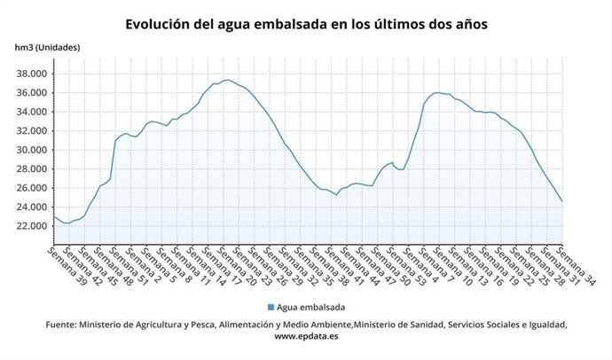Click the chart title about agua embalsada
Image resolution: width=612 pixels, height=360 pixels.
tap(305, 23)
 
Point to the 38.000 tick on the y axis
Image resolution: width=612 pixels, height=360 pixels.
tap(31, 74)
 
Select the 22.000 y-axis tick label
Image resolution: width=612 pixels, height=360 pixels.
tap(31, 226)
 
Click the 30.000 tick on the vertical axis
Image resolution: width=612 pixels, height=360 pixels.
tap(31, 150)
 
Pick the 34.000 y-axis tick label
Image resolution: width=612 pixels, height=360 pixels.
tap(31, 112)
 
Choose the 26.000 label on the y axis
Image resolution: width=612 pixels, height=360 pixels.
tap(31, 188)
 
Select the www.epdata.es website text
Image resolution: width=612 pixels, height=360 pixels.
tap(306, 337)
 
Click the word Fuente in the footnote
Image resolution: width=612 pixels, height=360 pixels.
tap(61, 325)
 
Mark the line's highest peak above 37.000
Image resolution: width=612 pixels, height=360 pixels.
tap(228, 80)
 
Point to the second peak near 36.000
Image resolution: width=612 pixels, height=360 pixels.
tap(438, 92)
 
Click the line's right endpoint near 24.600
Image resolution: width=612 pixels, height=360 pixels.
tap(562, 201)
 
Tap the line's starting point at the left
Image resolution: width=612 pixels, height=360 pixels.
tap(54, 216)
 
